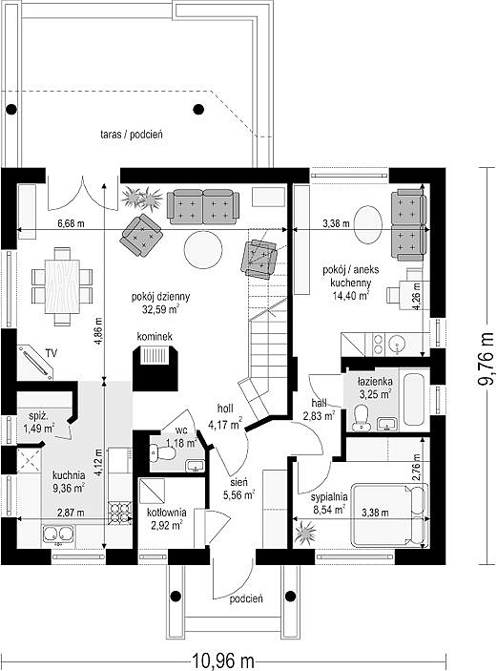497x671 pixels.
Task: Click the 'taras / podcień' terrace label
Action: (132, 135)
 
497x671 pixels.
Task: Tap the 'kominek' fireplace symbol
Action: (156, 368)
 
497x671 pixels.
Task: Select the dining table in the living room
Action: (62, 287)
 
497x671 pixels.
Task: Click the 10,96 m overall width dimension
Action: (222, 661)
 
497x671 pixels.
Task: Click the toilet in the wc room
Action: (162, 452)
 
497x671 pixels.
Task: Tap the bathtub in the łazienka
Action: (416, 400)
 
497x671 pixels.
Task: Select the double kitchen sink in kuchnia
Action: (58, 534)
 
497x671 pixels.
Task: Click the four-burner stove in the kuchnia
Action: (120, 513)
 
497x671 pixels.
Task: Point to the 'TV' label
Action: (52, 353)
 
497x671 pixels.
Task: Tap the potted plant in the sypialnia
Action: (305, 532)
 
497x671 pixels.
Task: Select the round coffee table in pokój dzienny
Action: (203, 250)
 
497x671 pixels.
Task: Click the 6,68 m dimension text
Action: (71, 223)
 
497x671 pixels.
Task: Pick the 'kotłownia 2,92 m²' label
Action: (166, 518)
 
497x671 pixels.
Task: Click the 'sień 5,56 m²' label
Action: (238, 489)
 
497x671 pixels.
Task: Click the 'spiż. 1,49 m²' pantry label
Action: (41, 422)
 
